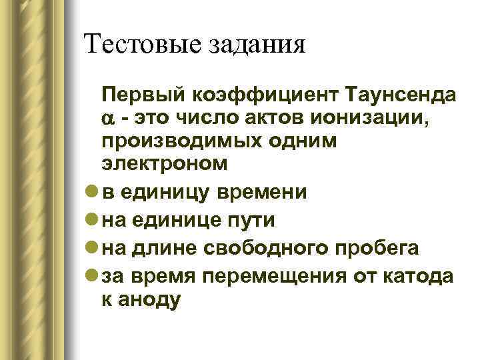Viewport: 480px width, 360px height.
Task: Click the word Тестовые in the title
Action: point(138,45)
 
